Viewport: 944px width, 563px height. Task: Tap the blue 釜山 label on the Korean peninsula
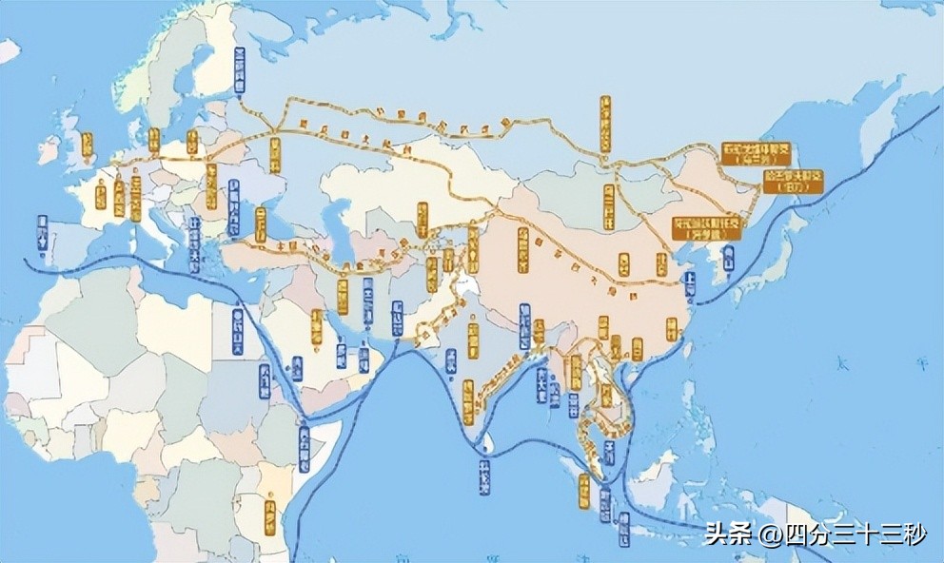pos(728,257)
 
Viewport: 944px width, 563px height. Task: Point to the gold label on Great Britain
pos(88,146)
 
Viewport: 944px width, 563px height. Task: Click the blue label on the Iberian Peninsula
pos(42,234)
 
